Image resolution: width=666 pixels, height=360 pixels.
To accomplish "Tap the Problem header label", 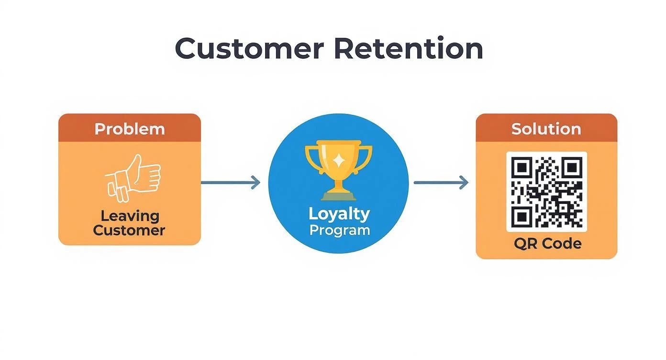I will pyautogui.click(x=130, y=129).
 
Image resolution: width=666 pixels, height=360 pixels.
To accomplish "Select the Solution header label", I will pyautogui.click(x=546, y=129).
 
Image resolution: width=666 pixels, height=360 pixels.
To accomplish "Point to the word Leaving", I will pyautogui.click(x=130, y=215).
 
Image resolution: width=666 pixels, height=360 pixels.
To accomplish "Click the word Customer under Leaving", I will pyautogui.click(x=129, y=230).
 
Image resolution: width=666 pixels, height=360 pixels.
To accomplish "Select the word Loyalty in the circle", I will pyautogui.click(x=339, y=214).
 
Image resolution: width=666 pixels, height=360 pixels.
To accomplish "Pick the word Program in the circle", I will pyautogui.click(x=339, y=230).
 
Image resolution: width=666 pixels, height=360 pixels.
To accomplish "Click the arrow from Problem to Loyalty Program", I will pyautogui.click(x=231, y=182).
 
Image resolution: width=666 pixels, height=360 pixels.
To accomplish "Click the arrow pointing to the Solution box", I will pyautogui.click(x=441, y=182).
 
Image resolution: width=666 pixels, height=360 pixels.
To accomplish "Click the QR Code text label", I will pyautogui.click(x=547, y=244).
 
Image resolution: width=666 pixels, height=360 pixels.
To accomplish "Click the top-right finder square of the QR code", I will pyautogui.click(x=572, y=168).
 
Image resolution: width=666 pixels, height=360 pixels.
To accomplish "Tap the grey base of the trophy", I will pyautogui.click(x=338, y=196).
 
